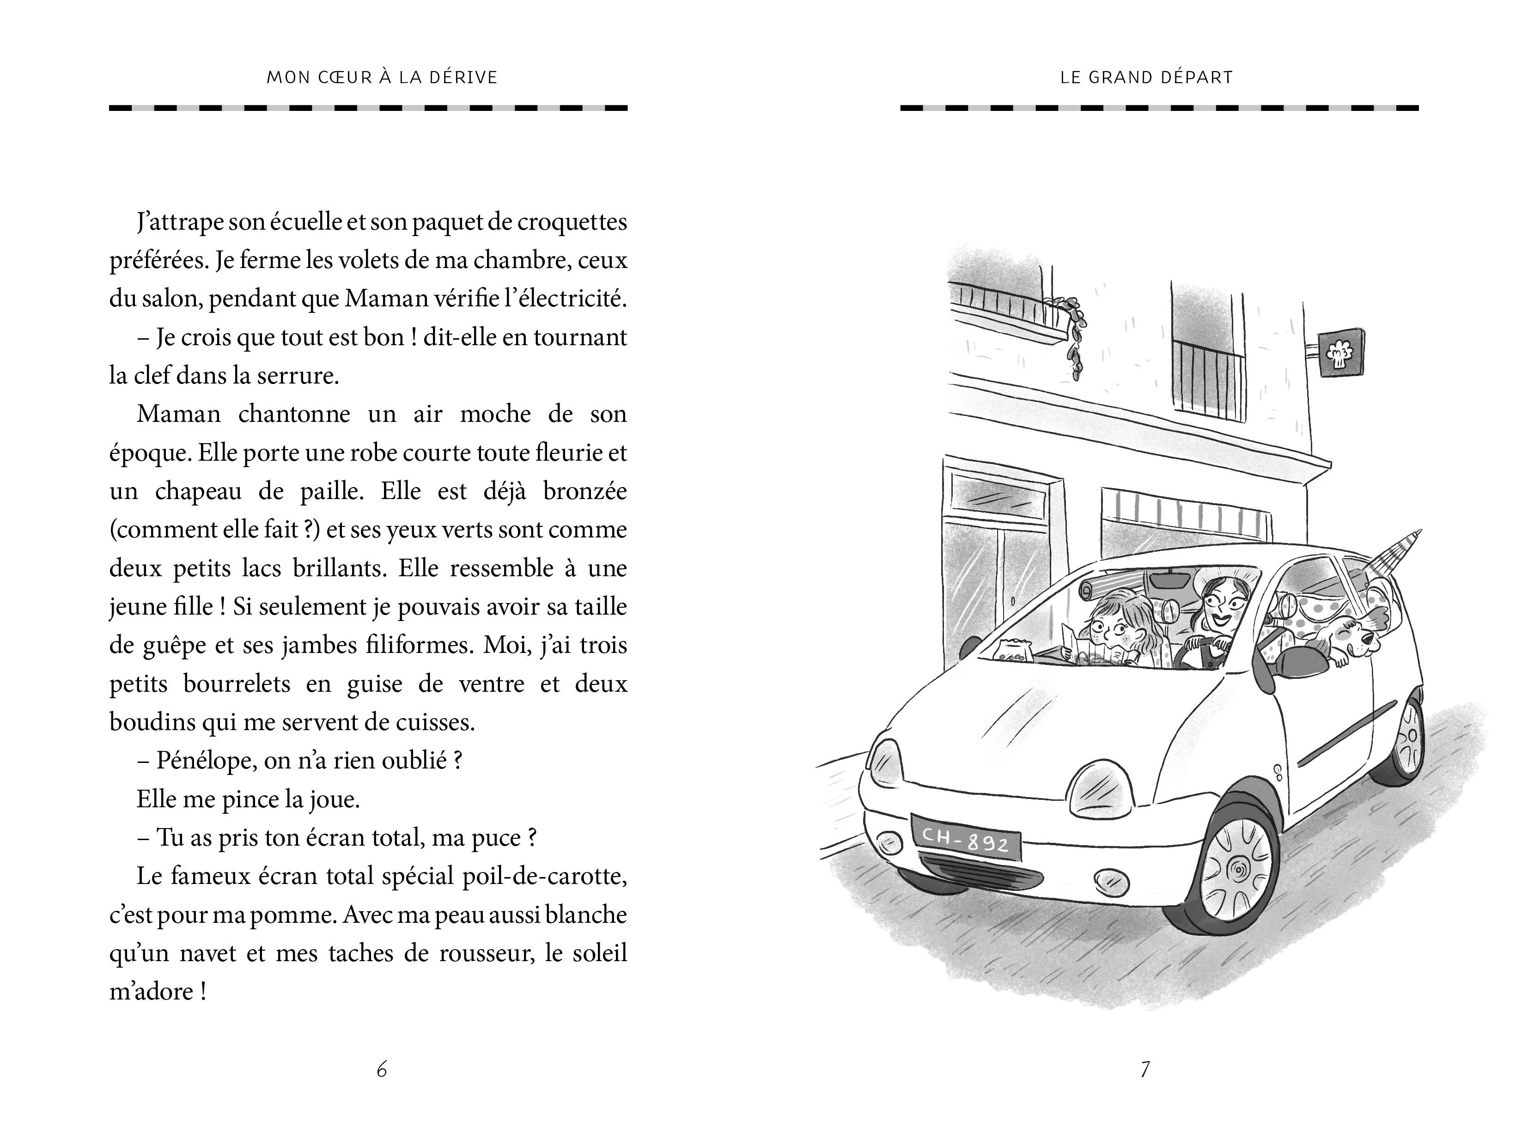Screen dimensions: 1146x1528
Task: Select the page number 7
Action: [x=1144, y=1069]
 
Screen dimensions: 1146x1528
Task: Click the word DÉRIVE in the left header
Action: [x=463, y=77]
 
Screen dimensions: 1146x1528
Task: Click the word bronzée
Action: [x=584, y=491]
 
